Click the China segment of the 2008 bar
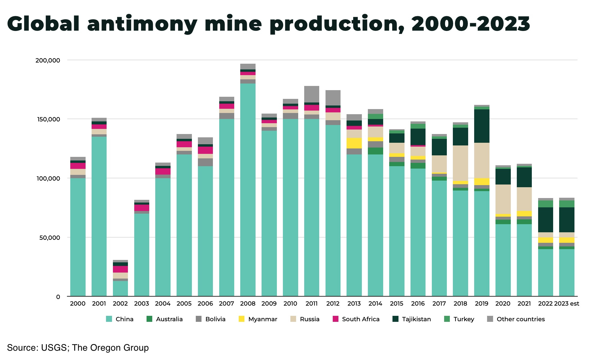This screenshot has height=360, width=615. point(248,189)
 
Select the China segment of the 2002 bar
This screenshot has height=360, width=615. point(120,288)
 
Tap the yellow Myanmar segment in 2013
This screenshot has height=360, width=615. point(354,143)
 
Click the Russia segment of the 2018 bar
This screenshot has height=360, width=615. point(460,163)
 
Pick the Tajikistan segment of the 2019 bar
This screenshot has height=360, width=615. point(482,126)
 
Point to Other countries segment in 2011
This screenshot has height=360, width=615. point(312,94)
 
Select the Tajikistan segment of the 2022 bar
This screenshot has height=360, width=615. point(545,220)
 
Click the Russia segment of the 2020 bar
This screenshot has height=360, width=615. point(503,199)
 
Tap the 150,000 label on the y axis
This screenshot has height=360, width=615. point(48,119)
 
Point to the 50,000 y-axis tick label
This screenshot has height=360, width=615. point(50,238)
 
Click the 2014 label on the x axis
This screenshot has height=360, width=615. point(375,304)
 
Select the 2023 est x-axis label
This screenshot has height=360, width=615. point(567,304)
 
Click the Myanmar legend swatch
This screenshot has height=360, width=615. point(241,319)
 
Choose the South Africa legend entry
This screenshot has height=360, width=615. point(361,319)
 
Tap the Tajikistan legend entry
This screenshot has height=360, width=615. point(416,319)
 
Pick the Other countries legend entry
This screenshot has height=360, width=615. point(520,319)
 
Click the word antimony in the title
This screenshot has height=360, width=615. point(142,24)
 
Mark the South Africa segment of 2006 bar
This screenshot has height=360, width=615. point(205,150)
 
